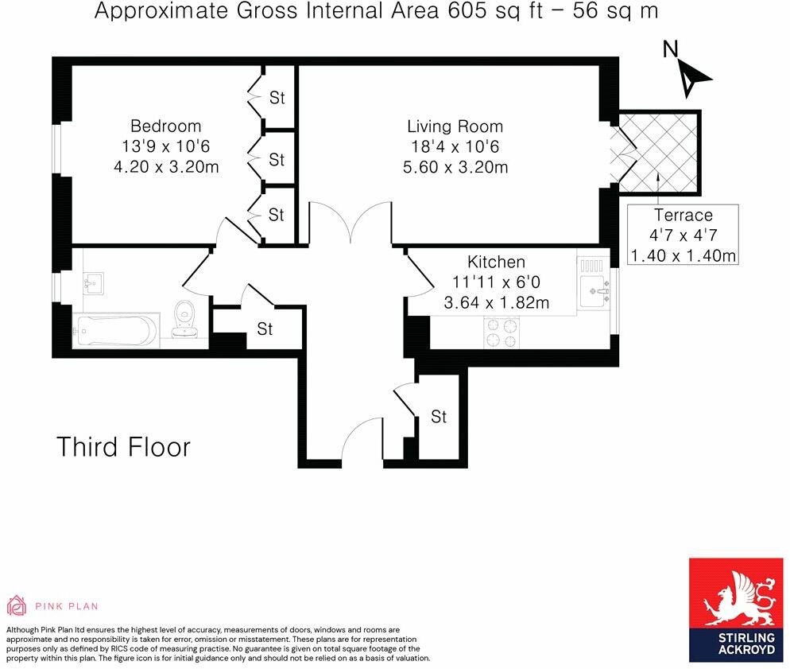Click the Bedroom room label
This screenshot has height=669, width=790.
(165, 126)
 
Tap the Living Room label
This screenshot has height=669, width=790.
(455, 126)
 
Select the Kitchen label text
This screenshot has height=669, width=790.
(496, 262)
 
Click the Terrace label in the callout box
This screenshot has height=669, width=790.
(683, 215)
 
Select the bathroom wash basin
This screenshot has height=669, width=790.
(95, 282)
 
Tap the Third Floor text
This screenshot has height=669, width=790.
(123, 447)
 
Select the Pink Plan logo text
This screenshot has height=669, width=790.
(67, 606)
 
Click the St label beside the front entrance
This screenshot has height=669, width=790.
(439, 416)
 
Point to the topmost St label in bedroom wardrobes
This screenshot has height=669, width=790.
(277, 98)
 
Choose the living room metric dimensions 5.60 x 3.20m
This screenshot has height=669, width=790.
(455, 167)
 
